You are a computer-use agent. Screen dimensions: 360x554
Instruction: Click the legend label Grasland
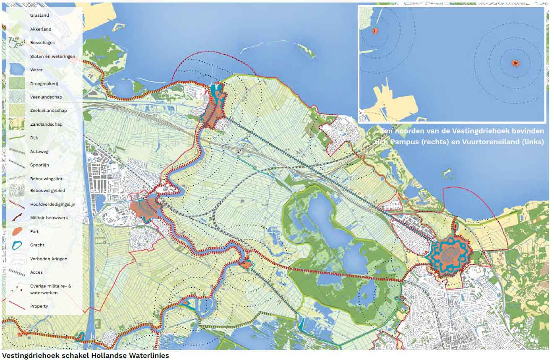39,16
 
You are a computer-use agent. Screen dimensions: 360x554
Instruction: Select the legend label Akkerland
41,29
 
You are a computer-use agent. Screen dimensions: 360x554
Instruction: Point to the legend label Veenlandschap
46,97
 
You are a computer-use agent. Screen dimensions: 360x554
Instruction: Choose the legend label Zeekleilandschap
48,111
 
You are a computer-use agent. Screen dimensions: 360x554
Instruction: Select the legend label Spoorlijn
39,165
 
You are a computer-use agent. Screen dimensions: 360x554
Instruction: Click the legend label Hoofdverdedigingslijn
53,205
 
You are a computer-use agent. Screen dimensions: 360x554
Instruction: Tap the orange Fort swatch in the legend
17,231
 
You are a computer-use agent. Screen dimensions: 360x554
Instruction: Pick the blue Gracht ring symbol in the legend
17,245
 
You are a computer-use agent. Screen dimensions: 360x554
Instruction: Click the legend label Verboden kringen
48,259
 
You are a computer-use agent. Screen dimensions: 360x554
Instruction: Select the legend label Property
39,306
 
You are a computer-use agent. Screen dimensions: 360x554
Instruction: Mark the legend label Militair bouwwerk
49,218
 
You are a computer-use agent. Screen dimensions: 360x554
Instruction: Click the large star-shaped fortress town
450,255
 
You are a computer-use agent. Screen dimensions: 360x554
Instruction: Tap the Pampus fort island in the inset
515,63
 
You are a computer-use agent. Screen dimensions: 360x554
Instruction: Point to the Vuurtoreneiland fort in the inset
375,31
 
